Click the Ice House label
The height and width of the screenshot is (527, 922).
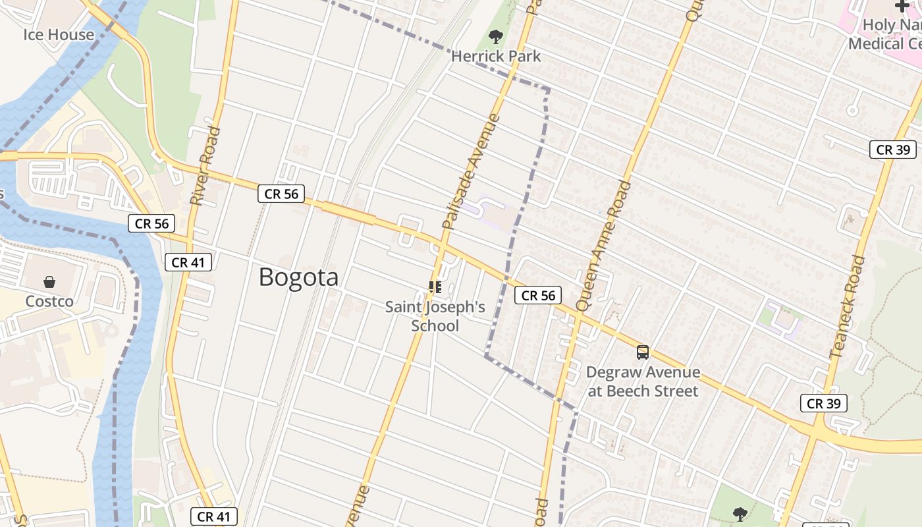(59, 35)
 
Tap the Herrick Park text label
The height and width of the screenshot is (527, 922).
(496, 57)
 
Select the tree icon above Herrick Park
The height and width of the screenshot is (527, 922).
(496, 37)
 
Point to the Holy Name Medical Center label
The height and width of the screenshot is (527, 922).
(886, 35)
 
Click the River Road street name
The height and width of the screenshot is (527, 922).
(205, 166)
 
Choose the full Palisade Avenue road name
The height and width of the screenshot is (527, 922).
(472, 173)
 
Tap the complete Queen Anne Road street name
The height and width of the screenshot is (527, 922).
(603, 246)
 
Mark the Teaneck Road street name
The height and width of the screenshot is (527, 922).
(848, 307)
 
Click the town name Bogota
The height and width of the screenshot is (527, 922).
(298, 277)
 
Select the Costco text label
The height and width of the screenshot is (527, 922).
(49, 302)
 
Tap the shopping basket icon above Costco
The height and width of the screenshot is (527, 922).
(49, 283)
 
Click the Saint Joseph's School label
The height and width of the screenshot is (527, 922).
(435, 316)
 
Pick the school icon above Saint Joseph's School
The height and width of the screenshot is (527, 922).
(435, 287)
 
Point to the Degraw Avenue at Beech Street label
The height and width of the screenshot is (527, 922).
(642, 382)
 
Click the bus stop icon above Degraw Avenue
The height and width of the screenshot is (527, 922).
(642, 352)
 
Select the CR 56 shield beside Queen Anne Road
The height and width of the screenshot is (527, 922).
(538, 296)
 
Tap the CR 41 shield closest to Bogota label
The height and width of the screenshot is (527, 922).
(188, 262)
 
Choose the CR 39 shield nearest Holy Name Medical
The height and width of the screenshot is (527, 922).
(893, 150)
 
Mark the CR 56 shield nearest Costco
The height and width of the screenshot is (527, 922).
(151, 223)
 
